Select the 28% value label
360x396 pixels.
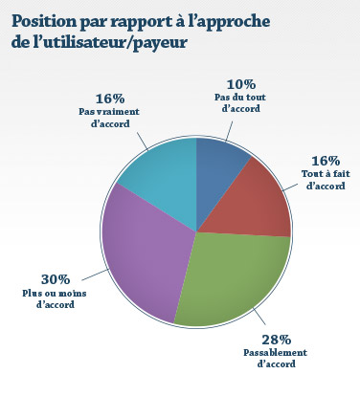[277, 340]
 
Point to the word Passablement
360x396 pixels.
[277, 353]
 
